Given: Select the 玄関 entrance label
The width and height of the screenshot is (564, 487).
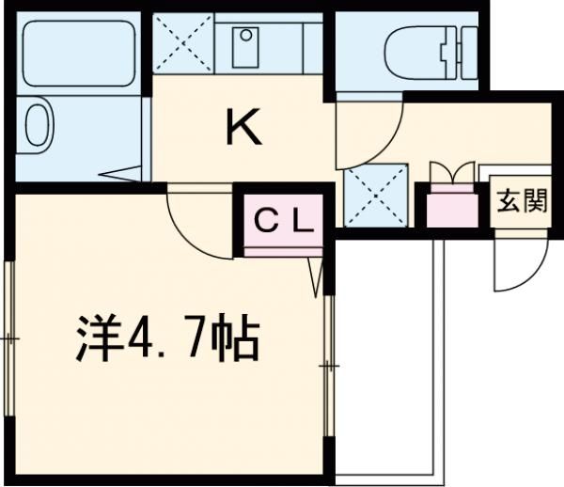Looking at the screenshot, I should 523,203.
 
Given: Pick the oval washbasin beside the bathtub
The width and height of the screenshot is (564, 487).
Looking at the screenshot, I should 38,122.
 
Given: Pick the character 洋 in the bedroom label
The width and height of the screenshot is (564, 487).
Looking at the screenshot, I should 92,341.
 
